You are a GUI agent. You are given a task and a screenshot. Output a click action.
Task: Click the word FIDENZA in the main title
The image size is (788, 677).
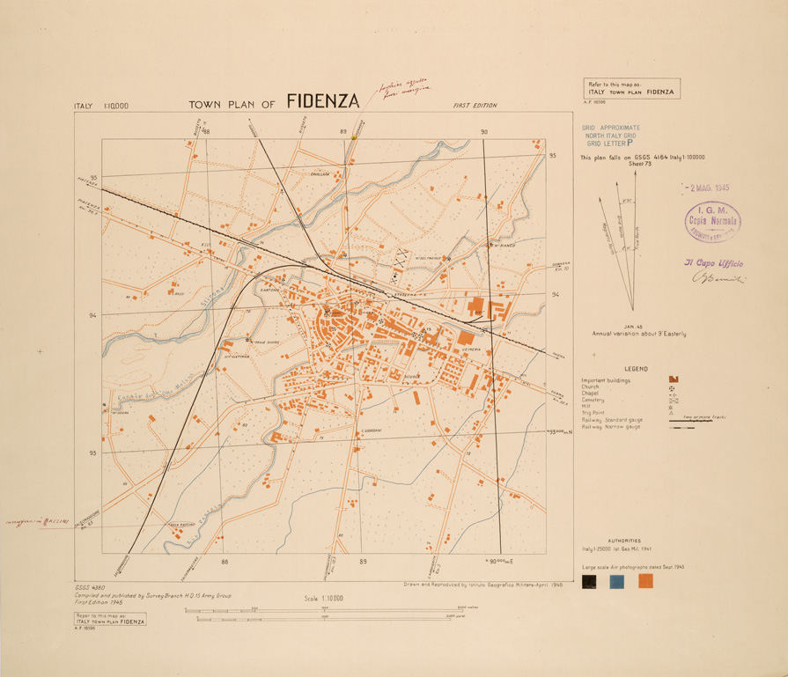click(x=323, y=101)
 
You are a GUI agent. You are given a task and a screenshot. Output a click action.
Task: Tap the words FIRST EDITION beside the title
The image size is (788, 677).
click(x=475, y=106)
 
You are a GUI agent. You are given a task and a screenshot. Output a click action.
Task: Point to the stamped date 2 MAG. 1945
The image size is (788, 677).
click(x=706, y=188)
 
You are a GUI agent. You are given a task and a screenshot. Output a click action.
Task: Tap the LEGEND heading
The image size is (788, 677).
click(x=637, y=367)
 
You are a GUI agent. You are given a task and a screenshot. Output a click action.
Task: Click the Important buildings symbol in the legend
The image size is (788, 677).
click(x=674, y=379)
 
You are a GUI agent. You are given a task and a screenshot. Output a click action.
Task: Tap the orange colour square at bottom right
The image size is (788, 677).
click(x=645, y=581)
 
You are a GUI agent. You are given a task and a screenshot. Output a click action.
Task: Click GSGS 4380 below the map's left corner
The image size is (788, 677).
click(x=92, y=587)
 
